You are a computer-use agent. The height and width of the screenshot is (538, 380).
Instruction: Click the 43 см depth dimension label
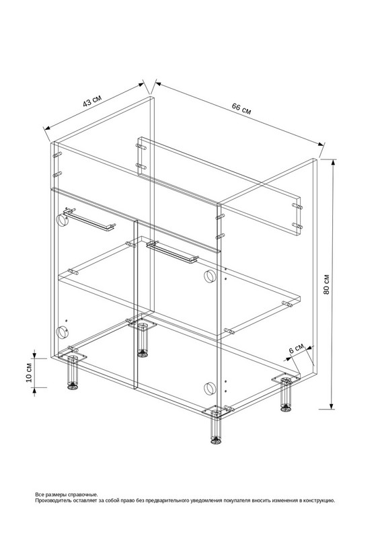pyautogui.click(x=92, y=100)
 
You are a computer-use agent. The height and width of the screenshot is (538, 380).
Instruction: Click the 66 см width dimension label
pyautogui.click(x=241, y=108)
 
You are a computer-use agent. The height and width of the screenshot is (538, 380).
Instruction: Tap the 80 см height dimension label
pyautogui.click(x=326, y=284)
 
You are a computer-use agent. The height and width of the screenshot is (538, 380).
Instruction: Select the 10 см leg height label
pyautogui.click(x=29, y=373)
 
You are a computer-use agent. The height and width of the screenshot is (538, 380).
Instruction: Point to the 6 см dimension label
pyautogui.click(x=296, y=349)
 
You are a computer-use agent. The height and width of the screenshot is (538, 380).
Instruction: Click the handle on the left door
pyautogui.click(x=90, y=220)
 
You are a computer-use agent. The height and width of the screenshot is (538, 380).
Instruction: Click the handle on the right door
pyautogui.click(x=172, y=252)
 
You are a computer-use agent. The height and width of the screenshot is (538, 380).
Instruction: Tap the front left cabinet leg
pyautogui.click(x=72, y=373)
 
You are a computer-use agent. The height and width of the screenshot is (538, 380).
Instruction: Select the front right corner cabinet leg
pyautogui.click(x=216, y=426)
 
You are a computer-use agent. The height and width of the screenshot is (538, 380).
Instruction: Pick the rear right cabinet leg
pyautogui.click(x=286, y=395)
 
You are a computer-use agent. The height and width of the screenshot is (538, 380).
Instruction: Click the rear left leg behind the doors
pyautogui.click(x=142, y=340)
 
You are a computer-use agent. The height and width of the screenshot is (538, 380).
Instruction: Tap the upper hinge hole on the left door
pyautogui.click(x=63, y=220)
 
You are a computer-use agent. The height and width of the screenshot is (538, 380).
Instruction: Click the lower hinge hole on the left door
pyautogui.click(x=63, y=332)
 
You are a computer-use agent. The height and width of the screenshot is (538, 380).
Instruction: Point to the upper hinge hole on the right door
pyautogui.click(x=209, y=276)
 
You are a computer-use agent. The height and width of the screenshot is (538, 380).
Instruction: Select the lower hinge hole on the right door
pyautogui.click(x=209, y=388)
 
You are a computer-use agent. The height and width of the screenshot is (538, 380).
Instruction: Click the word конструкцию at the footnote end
pyautogui.click(x=319, y=500)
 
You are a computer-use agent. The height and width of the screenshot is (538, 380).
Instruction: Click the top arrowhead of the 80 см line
pyautogui.click(x=332, y=163)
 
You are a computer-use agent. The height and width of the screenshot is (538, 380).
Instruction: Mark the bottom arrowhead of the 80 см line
pyautogui.click(x=332, y=405)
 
